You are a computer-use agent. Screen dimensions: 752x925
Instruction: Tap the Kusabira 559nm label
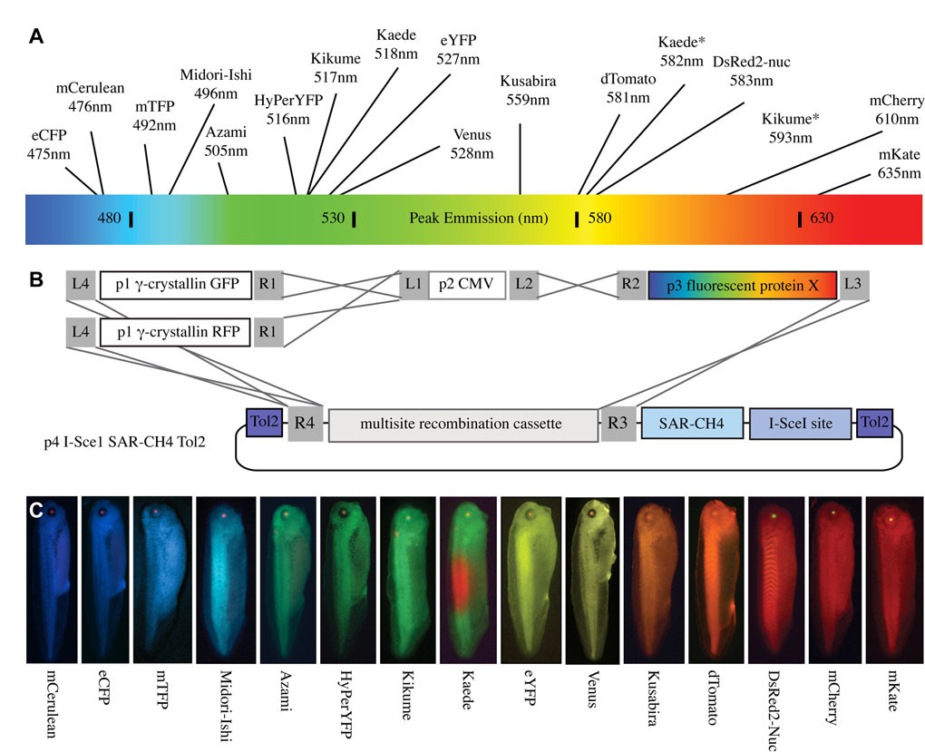coord(527,90)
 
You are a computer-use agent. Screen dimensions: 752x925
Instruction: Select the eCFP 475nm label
coord(48,145)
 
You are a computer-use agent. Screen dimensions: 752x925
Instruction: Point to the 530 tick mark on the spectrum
coord(354,219)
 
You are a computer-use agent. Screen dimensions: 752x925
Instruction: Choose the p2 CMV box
coord(465,285)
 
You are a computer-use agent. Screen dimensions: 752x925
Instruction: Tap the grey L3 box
coord(852,285)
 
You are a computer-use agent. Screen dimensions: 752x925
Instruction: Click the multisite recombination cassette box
coord(461,424)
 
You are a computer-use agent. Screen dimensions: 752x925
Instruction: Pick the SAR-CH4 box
coord(691,423)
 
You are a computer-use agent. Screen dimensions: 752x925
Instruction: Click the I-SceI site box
coord(800,423)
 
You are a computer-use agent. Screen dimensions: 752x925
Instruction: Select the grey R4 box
coord(305,424)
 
